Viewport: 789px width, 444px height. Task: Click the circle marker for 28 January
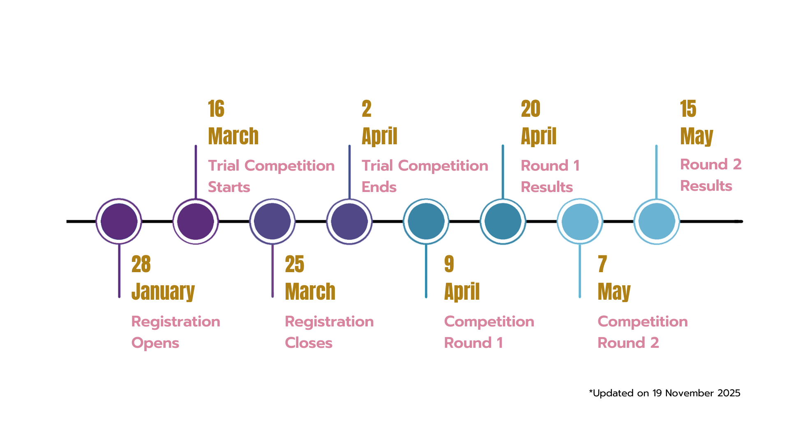tap(119, 221)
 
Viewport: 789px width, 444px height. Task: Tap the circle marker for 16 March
tap(196, 221)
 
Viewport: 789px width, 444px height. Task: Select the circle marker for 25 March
tap(272, 221)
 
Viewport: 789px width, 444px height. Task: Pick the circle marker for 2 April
tap(349, 221)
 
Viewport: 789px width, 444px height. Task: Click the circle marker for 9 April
tap(426, 221)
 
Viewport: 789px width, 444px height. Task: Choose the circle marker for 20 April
tap(503, 221)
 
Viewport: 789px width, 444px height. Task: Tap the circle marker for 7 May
tap(580, 221)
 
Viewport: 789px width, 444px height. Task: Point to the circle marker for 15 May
tap(657, 221)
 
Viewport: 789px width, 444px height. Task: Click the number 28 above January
tap(141, 264)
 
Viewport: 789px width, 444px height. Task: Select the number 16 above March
tap(216, 109)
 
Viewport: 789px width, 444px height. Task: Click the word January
tap(163, 291)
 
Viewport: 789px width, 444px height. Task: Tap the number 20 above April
tap(531, 109)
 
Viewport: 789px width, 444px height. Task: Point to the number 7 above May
tap(602, 264)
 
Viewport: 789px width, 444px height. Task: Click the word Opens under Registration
tap(155, 343)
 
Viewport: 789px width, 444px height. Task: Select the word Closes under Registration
tap(309, 343)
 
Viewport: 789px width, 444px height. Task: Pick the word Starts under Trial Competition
tap(229, 187)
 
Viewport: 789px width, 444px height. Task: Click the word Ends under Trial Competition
tap(379, 187)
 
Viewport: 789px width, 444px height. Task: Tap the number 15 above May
tap(688, 109)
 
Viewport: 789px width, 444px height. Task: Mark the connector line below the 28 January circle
tap(119, 271)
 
